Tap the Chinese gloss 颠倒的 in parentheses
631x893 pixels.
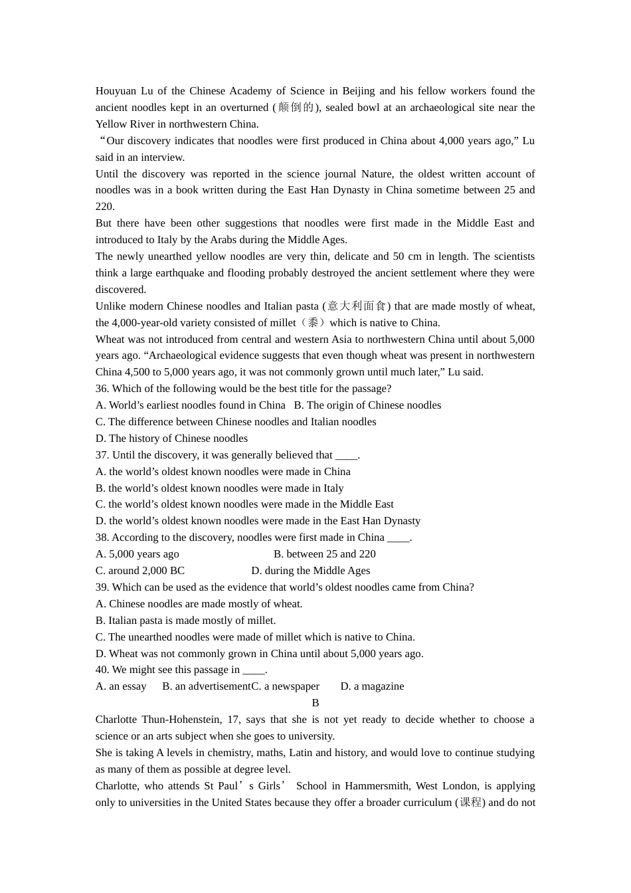296,108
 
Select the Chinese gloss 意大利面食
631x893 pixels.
357,306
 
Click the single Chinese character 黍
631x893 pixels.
313,323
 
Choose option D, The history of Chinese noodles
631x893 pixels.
171,439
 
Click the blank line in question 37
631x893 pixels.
346,456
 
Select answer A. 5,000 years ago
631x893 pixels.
137,554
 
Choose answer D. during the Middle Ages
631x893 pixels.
310,571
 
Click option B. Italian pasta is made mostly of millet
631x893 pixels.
185,621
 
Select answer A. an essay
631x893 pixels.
121,686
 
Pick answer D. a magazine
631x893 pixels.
372,686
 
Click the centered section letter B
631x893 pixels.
315,703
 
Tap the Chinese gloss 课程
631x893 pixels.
471,803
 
